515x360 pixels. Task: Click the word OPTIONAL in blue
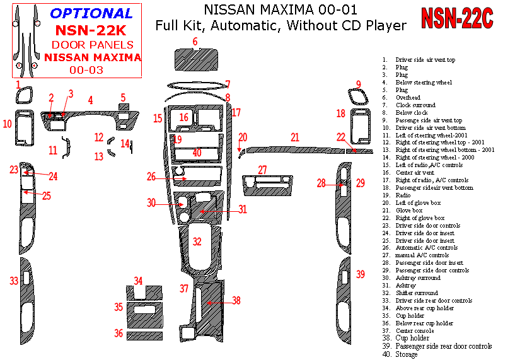coord(91,13)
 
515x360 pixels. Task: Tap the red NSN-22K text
coord(91,30)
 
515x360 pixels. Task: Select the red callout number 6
coord(195,42)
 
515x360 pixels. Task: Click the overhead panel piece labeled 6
coord(196,61)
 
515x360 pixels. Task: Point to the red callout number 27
coord(262,169)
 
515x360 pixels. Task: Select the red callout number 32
coord(197,241)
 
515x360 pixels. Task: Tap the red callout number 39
coord(361,274)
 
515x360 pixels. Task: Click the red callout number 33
coord(14,281)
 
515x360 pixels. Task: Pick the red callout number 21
coord(295,137)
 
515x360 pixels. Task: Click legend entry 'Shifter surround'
coord(417,293)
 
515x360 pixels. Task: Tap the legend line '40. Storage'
coord(400,354)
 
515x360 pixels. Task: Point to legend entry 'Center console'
coord(414,331)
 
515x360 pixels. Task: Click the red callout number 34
coord(138,281)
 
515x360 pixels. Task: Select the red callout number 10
coord(7,124)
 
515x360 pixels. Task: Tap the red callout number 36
coord(119,332)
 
